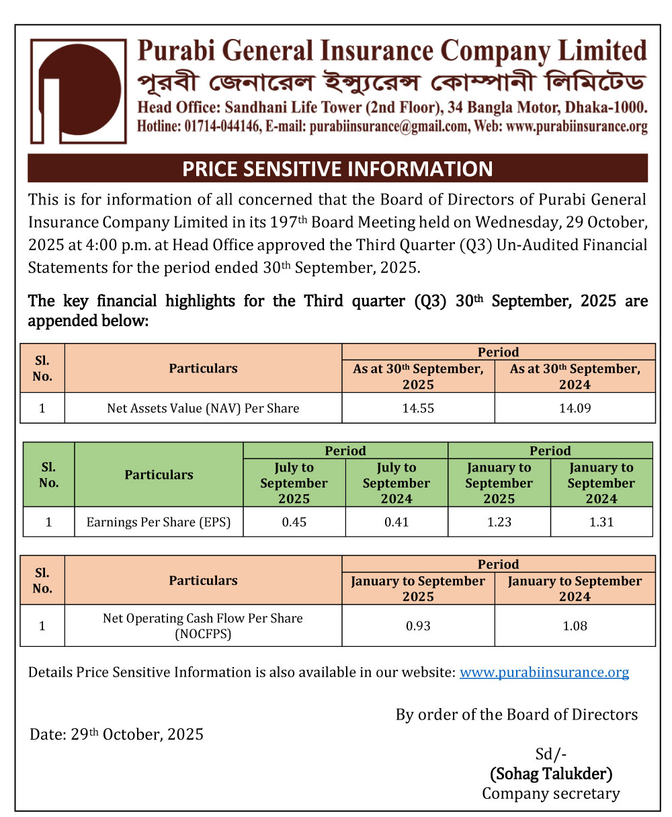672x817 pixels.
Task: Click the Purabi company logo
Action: pyautogui.click(x=78, y=91)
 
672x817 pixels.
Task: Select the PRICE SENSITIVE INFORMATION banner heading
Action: pyautogui.click(x=337, y=168)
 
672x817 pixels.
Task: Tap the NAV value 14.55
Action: pyautogui.click(x=418, y=408)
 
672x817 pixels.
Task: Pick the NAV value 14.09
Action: pyautogui.click(x=575, y=408)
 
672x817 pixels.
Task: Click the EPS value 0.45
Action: pyautogui.click(x=294, y=522)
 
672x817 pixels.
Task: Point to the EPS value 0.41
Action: pyautogui.click(x=396, y=522)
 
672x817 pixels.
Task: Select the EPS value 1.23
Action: pyautogui.click(x=499, y=522)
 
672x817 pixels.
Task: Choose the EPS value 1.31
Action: pyautogui.click(x=601, y=522)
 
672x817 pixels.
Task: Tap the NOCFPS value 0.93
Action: pyautogui.click(x=418, y=626)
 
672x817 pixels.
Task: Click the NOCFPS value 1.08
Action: pyautogui.click(x=575, y=626)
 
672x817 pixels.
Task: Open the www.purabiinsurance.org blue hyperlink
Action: pyautogui.click(x=544, y=672)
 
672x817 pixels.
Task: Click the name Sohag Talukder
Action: pyautogui.click(x=551, y=774)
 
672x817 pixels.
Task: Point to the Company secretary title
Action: pyautogui.click(x=551, y=793)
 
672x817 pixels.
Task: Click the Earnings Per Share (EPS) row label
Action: pyautogui.click(x=159, y=522)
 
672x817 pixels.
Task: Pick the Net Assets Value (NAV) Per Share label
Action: pyautogui.click(x=203, y=408)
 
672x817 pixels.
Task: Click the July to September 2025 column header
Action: pyautogui.click(x=294, y=483)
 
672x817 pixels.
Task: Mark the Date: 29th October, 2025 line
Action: pyautogui.click(x=116, y=734)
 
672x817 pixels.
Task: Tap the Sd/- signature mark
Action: pyautogui.click(x=551, y=754)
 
